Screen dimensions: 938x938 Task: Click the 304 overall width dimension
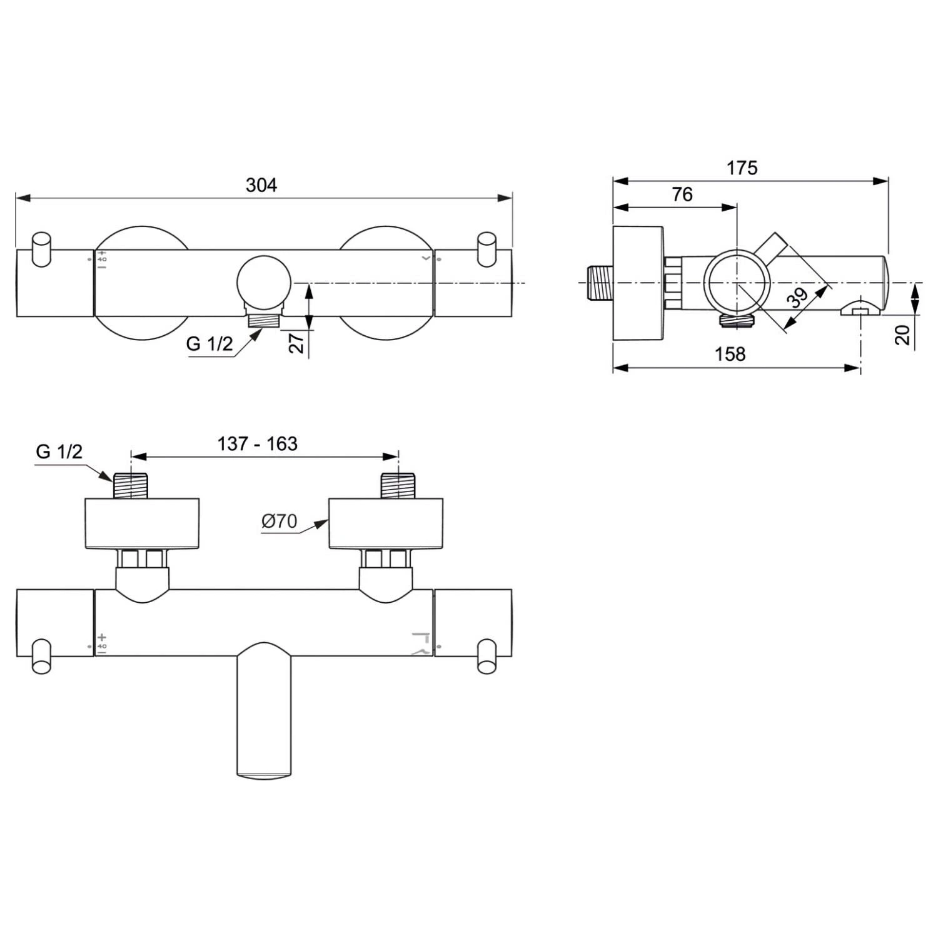click(x=261, y=185)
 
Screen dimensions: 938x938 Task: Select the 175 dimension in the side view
click(x=742, y=168)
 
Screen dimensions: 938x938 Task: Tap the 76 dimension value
click(x=682, y=194)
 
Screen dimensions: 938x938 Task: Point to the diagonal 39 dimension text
click(x=798, y=298)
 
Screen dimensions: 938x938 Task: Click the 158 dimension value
click(x=730, y=354)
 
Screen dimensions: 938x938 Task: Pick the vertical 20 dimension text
click(x=902, y=335)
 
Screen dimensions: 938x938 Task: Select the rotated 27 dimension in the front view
click(x=297, y=343)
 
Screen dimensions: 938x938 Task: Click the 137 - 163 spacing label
click(x=257, y=443)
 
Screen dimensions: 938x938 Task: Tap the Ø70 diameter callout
click(x=279, y=521)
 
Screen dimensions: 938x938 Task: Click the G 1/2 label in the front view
click(x=209, y=343)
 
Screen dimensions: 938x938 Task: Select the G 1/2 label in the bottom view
click(x=59, y=451)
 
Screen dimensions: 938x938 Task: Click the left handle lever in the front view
click(x=42, y=249)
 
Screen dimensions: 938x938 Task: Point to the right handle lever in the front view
click(x=486, y=249)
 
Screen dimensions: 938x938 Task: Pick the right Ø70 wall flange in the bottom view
click(x=386, y=523)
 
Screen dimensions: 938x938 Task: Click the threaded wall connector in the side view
click(x=600, y=283)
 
